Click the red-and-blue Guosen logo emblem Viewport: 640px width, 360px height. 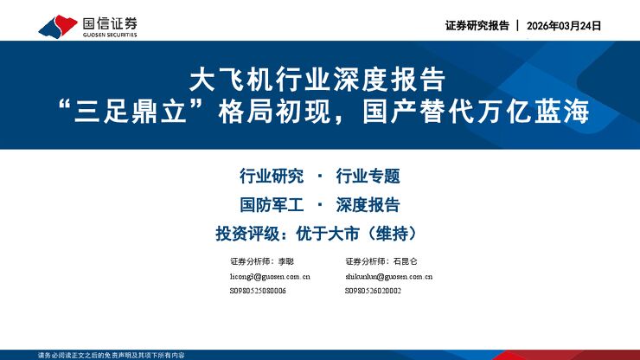coord(55,26)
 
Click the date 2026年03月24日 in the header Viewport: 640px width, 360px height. coord(563,26)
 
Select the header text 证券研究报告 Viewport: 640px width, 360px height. coord(477,26)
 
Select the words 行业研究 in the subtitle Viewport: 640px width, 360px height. coord(271,177)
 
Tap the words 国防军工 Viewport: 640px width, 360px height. coord(271,205)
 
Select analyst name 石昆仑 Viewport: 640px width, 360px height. coord(404,260)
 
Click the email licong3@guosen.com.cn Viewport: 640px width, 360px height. coord(269,276)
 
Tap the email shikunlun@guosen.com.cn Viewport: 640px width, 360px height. coord(387,276)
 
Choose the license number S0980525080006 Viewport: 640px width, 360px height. coord(258,291)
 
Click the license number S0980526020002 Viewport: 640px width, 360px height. coord(373,291)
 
